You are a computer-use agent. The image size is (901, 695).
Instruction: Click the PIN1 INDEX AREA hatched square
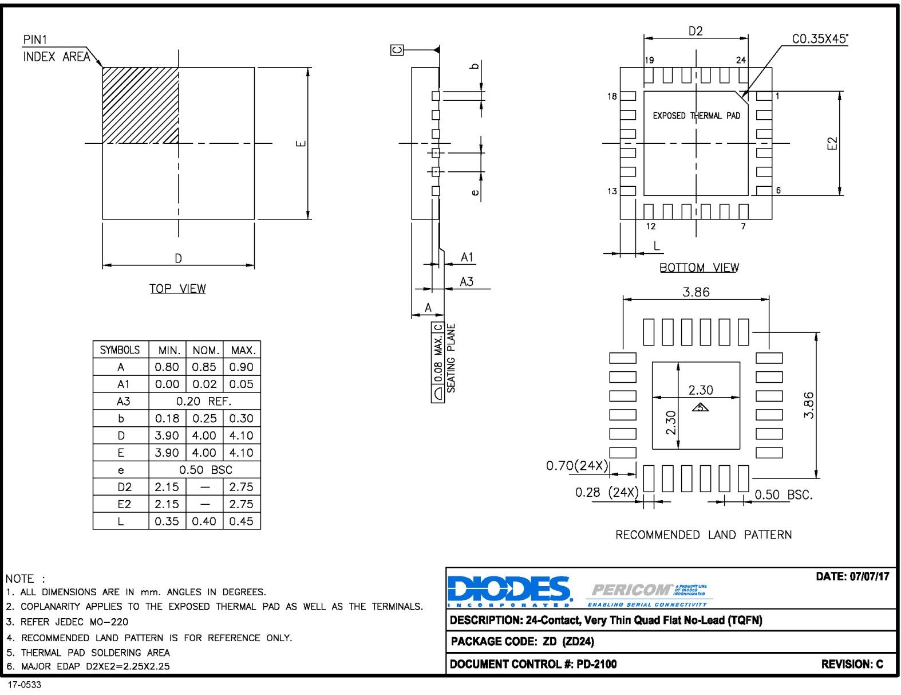point(140,105)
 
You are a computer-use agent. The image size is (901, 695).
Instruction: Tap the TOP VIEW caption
point(177,289)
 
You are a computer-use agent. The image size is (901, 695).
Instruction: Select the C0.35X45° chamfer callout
point(820,39)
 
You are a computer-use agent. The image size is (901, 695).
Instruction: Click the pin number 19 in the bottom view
point(649,60)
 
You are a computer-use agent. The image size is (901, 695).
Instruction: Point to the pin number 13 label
point(612,191)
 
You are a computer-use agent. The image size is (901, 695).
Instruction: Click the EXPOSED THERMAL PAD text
point(696,116)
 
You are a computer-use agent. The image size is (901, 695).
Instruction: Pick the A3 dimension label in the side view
point(467,281)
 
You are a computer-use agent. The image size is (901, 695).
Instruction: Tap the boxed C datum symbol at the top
point(397,50)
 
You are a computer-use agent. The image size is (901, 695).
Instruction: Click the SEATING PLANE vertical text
point(451,358)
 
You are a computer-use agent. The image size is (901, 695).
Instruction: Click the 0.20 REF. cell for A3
point(204,401)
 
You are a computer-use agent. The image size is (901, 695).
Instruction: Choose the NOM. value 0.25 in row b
point(204,418)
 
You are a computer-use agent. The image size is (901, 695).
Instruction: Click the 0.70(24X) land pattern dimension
point(576,465)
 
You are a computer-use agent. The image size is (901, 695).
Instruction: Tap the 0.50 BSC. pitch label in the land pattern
point(783,494)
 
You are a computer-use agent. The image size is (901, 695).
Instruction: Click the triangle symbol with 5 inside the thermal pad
point(700,407)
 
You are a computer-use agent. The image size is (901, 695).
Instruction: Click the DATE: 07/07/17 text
point(852,576)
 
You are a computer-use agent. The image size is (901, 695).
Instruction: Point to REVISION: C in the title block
point(852,664)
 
